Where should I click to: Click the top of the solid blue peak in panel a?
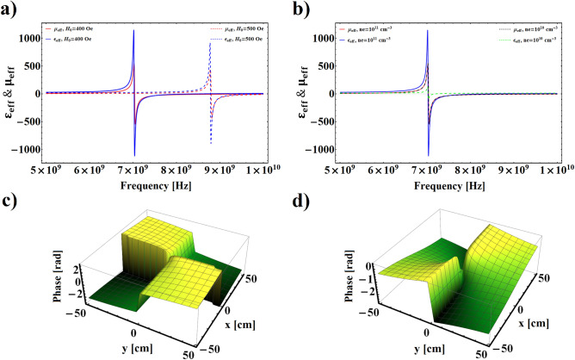[x=133, y=32]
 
